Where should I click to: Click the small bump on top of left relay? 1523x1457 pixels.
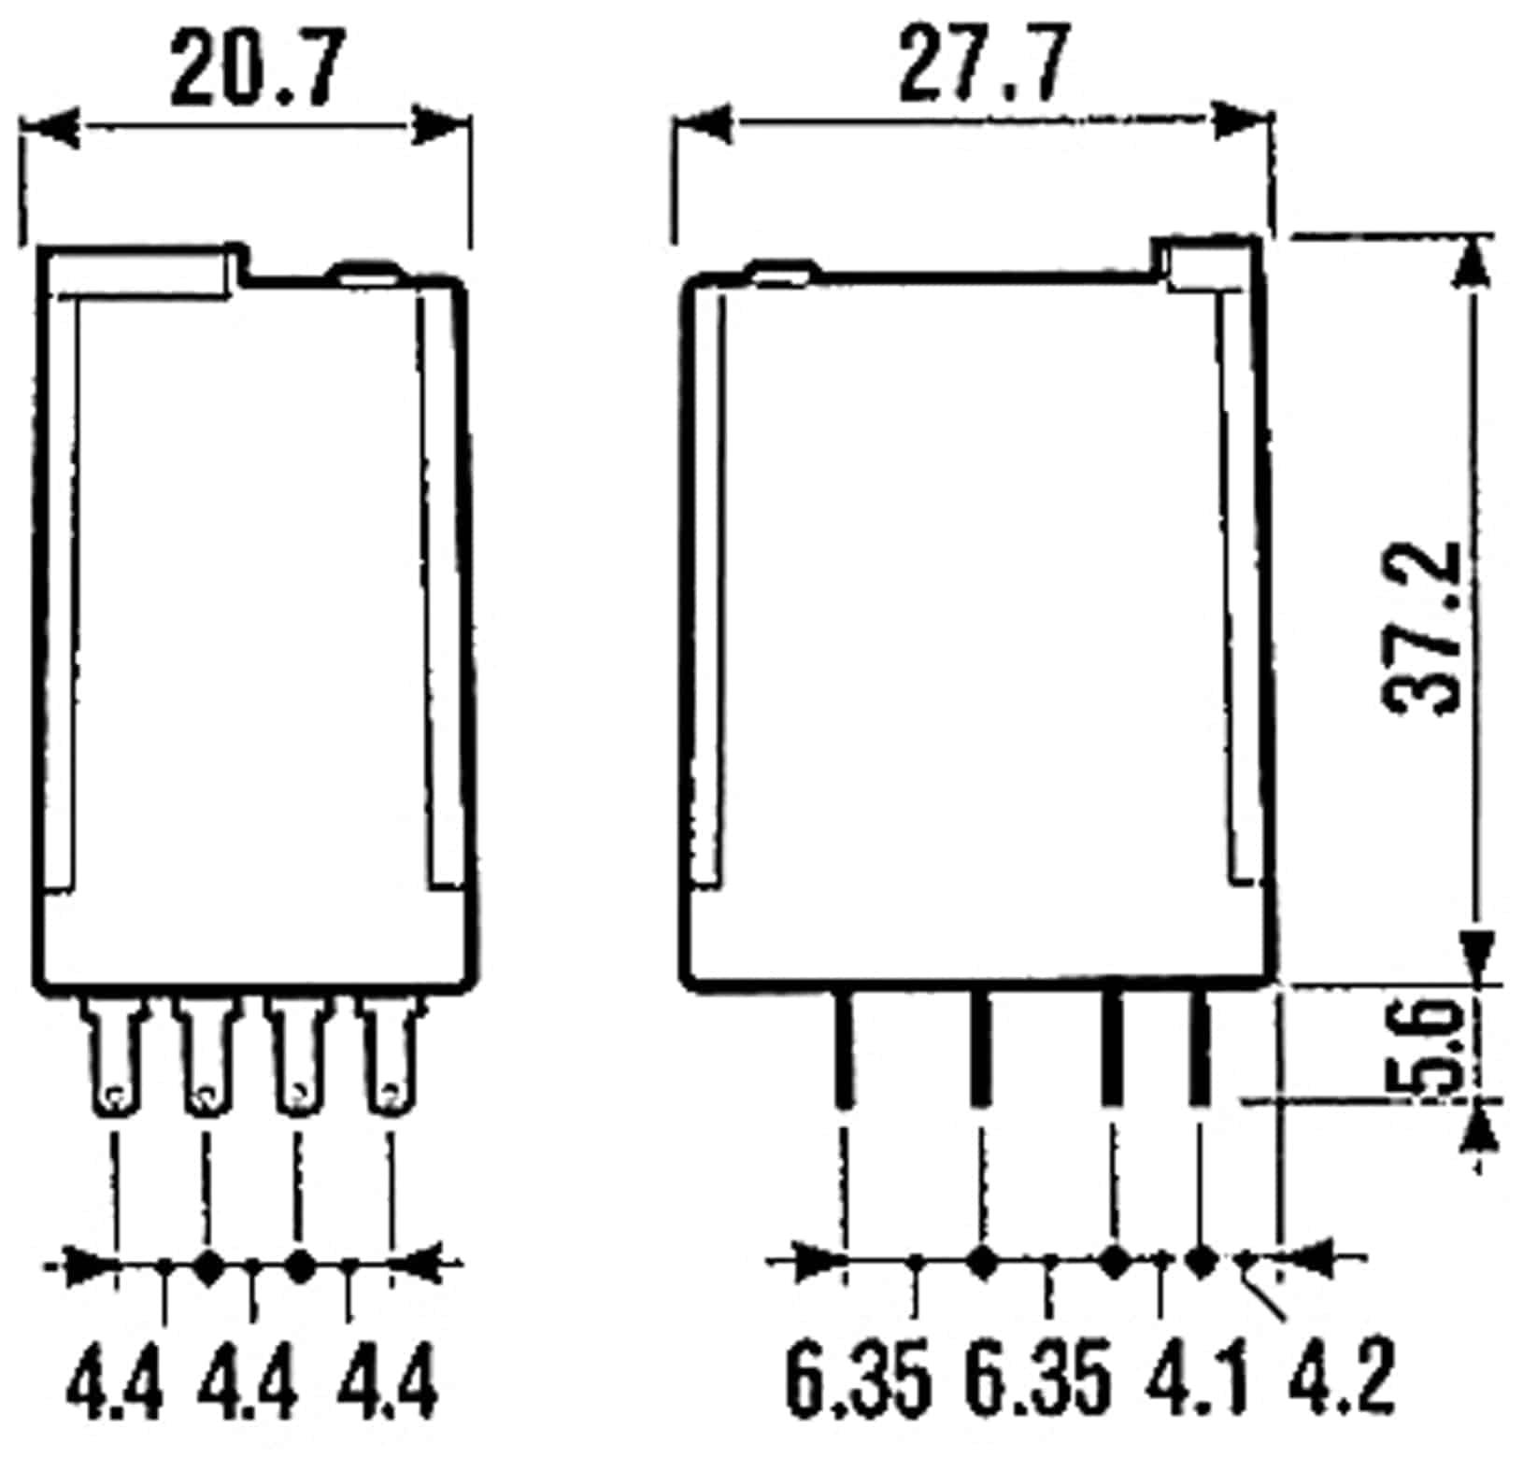(366, 274)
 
